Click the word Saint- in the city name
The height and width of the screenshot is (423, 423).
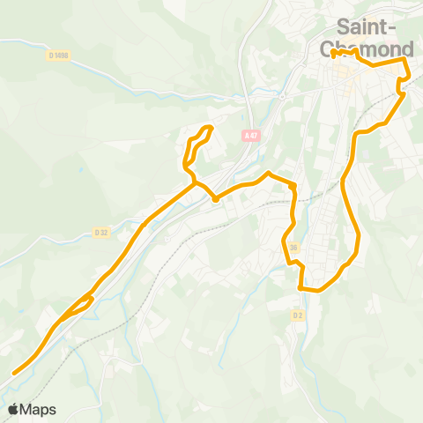coord(366,26)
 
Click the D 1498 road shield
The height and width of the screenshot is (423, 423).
coord(59,56)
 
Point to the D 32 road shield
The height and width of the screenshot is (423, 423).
coord(101,233)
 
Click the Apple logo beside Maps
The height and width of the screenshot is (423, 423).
coord(13,409)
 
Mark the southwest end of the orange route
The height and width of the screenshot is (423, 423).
coord(14,373)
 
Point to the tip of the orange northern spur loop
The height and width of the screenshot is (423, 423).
coord(210,128)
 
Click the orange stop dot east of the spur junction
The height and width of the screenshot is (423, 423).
coord(216,198)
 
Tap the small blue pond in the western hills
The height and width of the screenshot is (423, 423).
coord(80,168)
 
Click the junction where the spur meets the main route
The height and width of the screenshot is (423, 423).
coord(195,183)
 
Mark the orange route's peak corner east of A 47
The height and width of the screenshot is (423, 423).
coord(268,172)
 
